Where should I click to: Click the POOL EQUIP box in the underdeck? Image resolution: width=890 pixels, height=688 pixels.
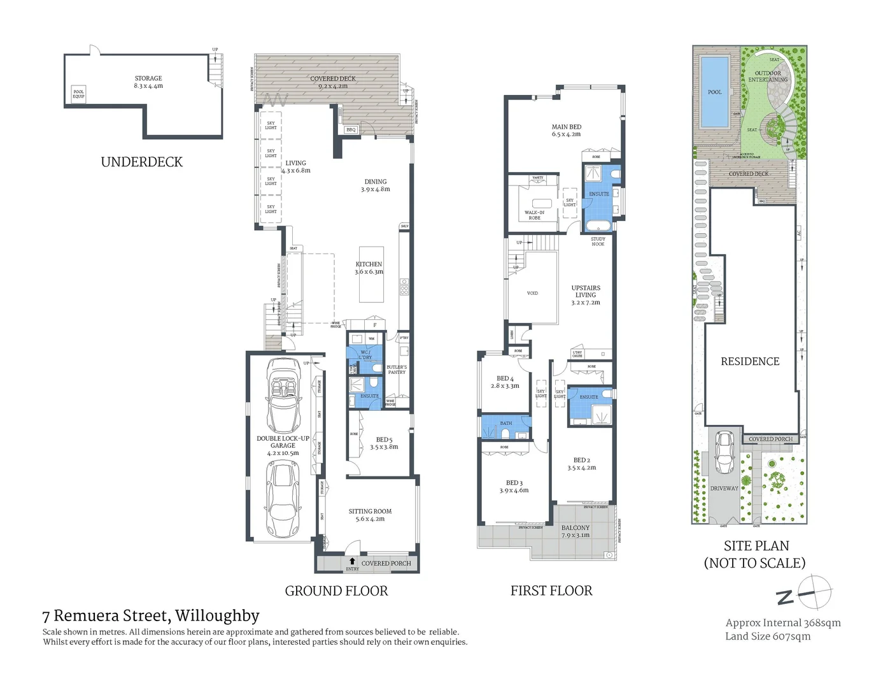pyautogui.click(x=78, y=94)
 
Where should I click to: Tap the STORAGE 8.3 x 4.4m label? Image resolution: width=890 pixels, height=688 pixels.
pyautogui.click(x=148, y=82)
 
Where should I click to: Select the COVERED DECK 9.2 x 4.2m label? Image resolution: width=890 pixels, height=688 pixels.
pyautogui.click(x=333, y=82)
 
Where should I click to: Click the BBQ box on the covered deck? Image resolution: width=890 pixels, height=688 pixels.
pyautogui.click(x=351, y=130)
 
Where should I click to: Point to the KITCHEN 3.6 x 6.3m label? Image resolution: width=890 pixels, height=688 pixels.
pyautogui.click(x=369, y=268)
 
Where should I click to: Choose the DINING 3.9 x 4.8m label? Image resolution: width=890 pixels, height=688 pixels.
pyautogui.click(x=376, y=185)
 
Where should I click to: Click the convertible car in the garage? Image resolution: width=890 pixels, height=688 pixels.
pyautogui.click(x=283, y=395)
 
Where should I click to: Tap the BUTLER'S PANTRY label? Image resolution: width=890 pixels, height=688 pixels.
pyautogui.click(x=397, y=369)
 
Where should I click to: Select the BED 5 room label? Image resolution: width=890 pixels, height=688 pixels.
pyautogui.click(x=384, y=443)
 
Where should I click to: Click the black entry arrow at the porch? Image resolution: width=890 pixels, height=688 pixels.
pyautogui.click(x=352, y=561)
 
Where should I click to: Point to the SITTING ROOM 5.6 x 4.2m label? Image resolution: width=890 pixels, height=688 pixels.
pyautogui.click(x=370, y=515)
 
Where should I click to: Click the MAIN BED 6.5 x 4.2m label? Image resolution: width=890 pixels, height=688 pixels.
pyautogui.click(x=566, y=131)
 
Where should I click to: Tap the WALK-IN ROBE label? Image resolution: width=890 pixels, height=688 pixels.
pyautogui.click(x=534, y=215)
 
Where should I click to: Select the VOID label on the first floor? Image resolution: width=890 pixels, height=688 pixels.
pyautogui.click(x=532, y=293)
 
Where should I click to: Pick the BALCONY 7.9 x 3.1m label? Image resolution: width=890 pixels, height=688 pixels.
pyautogui.click(x=576, y=531)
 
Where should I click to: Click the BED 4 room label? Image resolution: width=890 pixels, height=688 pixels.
pyautogui.click(x=505, y=382)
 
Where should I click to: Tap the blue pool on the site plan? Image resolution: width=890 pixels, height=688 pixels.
pyautogui.click(x=714, y=92)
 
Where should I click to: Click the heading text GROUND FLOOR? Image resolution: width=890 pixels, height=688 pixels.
pyautogui.click(x=336, y=591)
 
